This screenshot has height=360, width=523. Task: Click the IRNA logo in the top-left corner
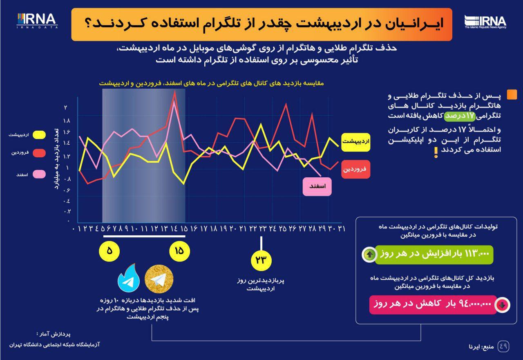click(x=37, y=21)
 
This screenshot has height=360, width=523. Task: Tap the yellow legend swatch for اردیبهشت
click(x=39, y=134)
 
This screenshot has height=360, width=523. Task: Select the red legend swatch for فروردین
click(x=39, y=153)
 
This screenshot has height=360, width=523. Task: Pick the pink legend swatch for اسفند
click(x=39, y=174)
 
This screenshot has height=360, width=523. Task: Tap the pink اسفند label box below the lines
click(x=317, y=186)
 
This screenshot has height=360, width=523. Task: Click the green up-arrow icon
click(x=369, y=255)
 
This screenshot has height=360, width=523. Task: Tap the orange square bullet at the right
click(x=512, y=94)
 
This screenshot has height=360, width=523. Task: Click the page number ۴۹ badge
click(x=503, y=347)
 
